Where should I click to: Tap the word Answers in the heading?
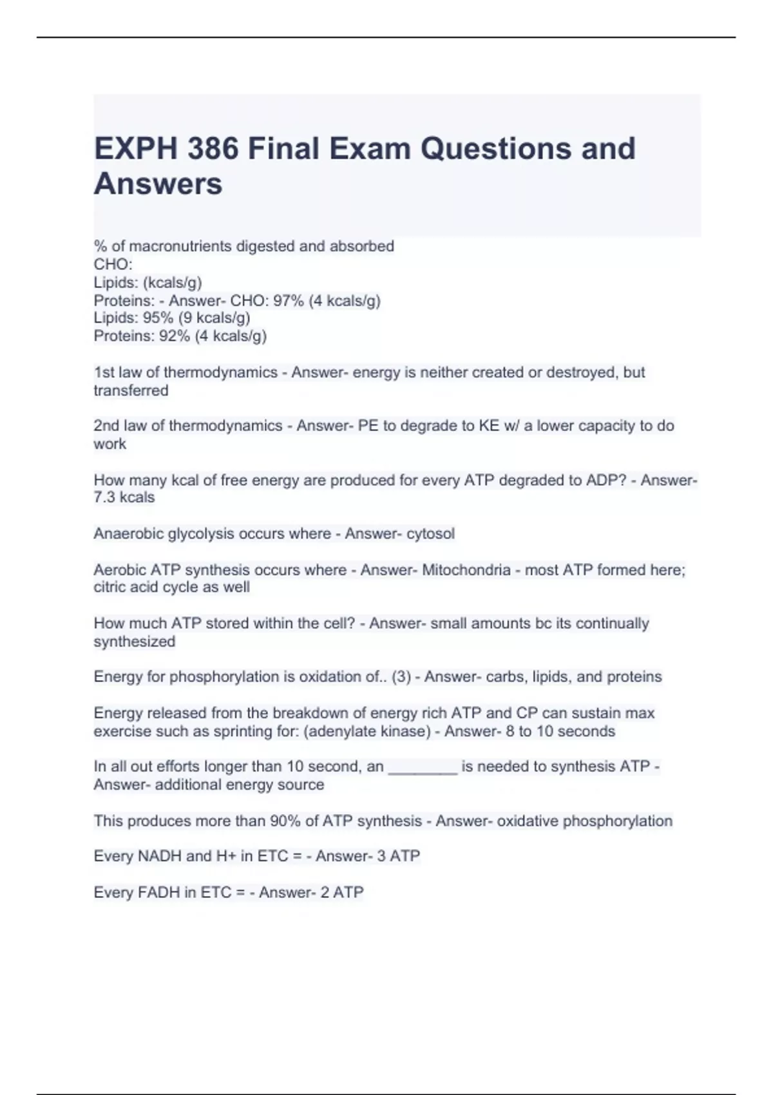[158, 184]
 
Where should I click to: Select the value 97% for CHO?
[288, 301]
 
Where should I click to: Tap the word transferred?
[131, 390]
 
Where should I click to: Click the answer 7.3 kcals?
[124, 497]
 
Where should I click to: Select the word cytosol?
[430, 533]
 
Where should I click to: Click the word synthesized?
[134, 642]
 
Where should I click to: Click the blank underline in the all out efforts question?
[423, 767]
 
